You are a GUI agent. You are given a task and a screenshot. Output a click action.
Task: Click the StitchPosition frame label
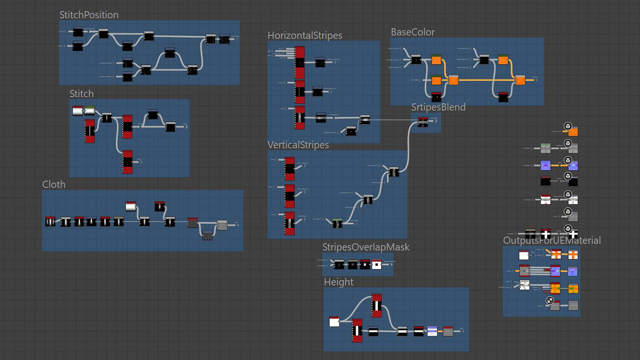click(89, 15)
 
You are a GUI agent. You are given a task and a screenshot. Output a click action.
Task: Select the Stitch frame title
click(81, 94)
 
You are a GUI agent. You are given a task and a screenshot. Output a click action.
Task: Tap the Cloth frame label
click(54, 185)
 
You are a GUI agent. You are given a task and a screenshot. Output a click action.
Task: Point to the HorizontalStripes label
click(305, 35)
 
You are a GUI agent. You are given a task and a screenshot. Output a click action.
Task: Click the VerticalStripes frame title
click(298, 145)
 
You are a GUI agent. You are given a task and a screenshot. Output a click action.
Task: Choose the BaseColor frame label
click(413, 32)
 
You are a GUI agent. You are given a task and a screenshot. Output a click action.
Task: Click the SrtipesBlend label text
click(438, 107)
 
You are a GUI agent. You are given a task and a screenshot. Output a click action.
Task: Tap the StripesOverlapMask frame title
click(366, 247)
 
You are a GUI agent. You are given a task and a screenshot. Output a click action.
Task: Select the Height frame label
click(338, 282)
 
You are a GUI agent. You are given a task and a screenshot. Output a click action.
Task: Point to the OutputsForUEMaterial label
click(552, 241)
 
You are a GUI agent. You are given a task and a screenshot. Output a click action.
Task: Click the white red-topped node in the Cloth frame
click(131, 206)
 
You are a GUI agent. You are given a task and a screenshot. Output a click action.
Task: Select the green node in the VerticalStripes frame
click(337, 223)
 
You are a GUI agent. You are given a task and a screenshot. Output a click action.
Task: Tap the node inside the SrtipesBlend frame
click(422, 122)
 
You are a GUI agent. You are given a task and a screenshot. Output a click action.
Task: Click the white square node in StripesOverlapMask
click(376, 265)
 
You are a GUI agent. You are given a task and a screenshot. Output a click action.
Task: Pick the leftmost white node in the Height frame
click(334, 322)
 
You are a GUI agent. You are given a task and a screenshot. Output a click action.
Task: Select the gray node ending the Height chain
click(448, 331)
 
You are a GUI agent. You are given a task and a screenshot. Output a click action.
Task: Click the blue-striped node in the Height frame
click(432, 331)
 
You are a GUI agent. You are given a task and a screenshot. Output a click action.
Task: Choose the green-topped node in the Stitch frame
click(90, 111)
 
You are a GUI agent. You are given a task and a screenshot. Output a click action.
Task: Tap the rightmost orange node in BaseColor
click(520, 80)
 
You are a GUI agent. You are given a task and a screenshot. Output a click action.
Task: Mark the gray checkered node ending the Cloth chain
click(222, 225)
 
